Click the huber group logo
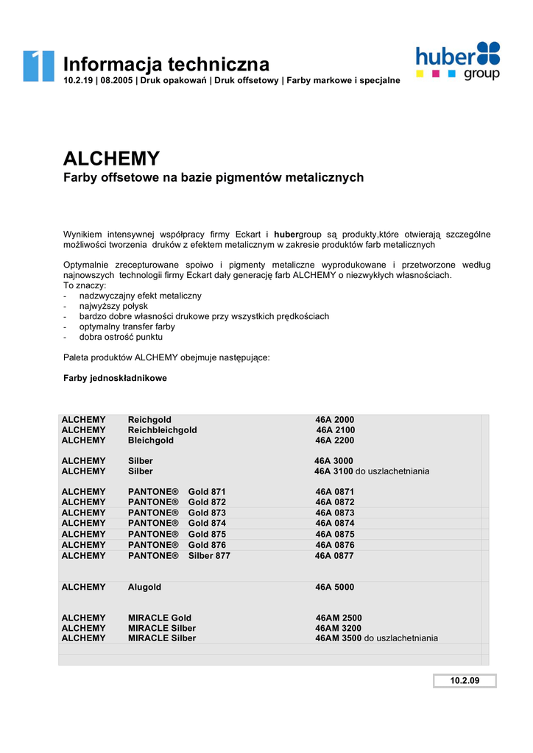458,61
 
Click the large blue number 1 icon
38,65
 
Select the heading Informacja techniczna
166,64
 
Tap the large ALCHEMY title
111,158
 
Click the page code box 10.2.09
465,681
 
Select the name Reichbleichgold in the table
162,430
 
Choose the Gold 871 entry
207,492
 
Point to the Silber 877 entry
209,556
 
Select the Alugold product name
144,588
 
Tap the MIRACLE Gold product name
159,618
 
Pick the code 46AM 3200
339,628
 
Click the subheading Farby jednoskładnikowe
115,378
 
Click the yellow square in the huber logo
420,74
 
